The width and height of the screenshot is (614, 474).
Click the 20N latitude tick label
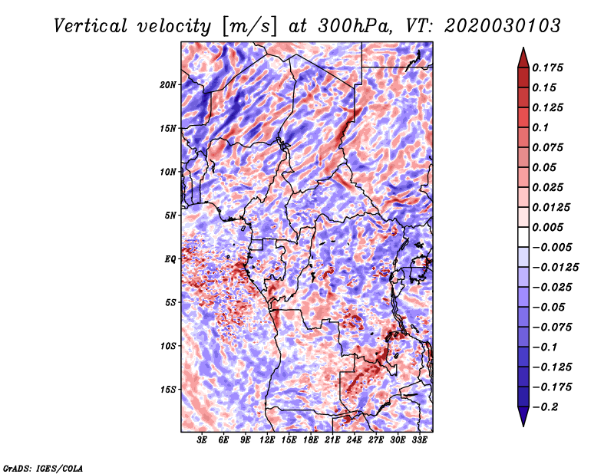[x=168, y=85]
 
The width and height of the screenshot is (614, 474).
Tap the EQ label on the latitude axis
[x=170, y=259]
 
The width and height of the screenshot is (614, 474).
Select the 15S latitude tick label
[x=168, y=390]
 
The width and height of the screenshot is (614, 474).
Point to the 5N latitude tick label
[x=170, y=216]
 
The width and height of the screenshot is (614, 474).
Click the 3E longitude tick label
[x=202, y=440]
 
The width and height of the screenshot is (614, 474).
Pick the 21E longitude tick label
[x=332, y=440]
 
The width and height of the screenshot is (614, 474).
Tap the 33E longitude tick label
[x=419, y=440]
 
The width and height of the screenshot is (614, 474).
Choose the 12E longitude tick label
[x=266, y=440]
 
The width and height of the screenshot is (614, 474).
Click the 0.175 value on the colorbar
[x=547, y=67]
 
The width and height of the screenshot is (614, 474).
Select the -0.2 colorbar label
[x=545, y=407]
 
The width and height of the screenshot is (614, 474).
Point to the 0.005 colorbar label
[x=547, y=227]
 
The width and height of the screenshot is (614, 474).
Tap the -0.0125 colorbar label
[x=555, y=268]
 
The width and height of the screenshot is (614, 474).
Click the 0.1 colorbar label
[x=540, y=127]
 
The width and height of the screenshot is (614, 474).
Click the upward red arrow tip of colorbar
[x=523, y=48]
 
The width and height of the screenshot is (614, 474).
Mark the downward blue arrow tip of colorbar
[x=523, y=426]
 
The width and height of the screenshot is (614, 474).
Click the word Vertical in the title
[x=91, y=26]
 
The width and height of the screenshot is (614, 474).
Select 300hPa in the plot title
[x=355, y=26]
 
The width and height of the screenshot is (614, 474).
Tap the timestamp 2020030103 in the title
[x=503, y=26]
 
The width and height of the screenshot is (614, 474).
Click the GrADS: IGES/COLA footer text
[x=43, y=469]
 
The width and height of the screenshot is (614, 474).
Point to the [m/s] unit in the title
[x=249, y=27]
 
